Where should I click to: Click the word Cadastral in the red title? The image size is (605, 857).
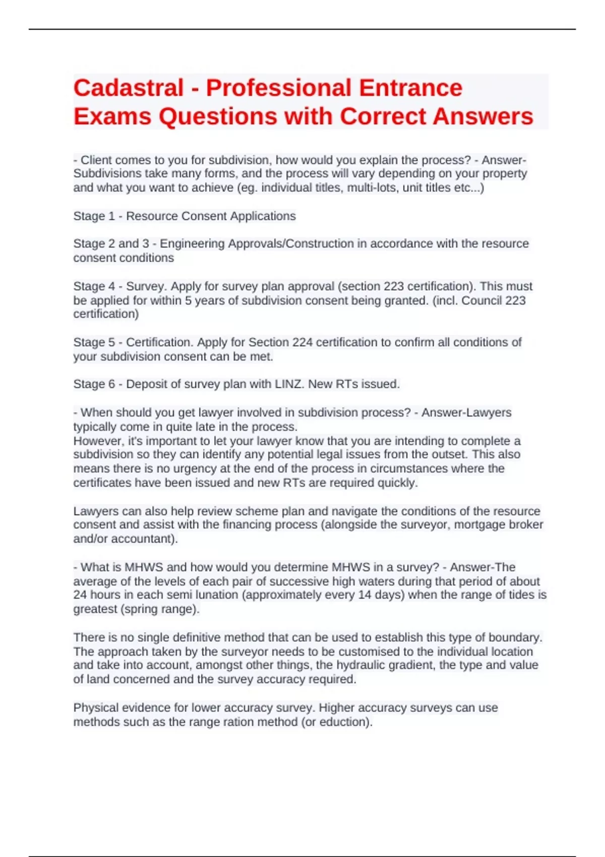point(129,88)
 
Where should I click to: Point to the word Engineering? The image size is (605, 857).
point(192,244)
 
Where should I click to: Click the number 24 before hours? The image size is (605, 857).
point(80,595)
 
